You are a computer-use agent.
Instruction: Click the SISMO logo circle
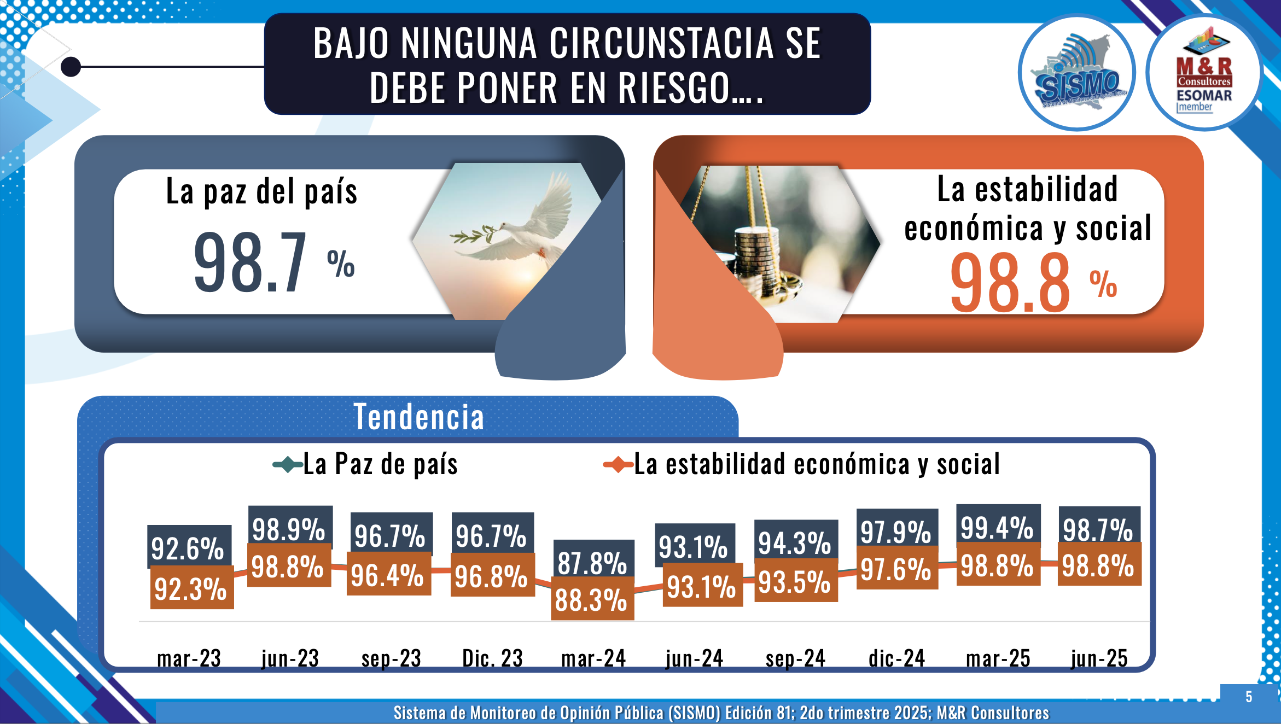pyautogui.click(x=1076, y=73)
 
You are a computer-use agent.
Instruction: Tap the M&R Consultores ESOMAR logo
pyautogui.click(x=1204, y=73)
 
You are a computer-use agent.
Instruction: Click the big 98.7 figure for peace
pyautogui.click(x=251, y=262)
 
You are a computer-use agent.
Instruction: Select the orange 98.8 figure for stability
pyautogui.click(x=1010, y=283)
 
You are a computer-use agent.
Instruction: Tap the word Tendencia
pyautogui.click(x=419, y=417)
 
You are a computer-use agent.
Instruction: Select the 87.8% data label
pyautogui.click(x=592, y=562)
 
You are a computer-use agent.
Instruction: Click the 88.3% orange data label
pyautogui.click(x=591, y=600)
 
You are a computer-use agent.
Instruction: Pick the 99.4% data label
pyautogui.click(x=997, y=527)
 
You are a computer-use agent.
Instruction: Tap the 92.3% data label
pyautogui.click(x=190, y=589)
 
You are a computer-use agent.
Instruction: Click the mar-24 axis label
pyautogui.click(x=593, y=658)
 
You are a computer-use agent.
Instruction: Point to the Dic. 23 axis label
pyautogui.click(x=492, y=658)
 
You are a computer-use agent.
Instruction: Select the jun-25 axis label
pyautogui.click(x=1099, y=658)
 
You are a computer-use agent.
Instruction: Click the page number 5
pyautogui.click(x=1249, y=697)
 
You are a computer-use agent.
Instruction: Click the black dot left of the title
pyautogui.click(x=71, y=67)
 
